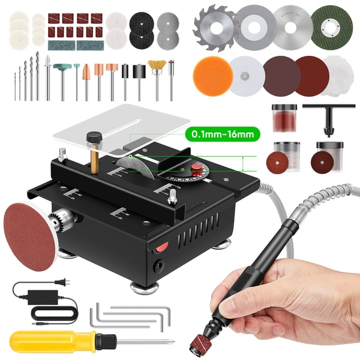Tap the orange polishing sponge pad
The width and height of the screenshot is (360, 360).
(x=209, y=75)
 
